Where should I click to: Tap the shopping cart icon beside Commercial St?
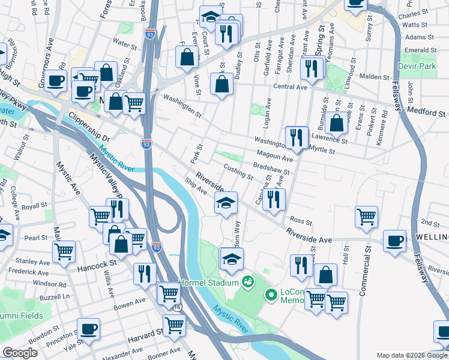click(366, 217)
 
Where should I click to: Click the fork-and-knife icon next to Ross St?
click(274, 199)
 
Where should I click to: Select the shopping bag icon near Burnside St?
click(337, 123)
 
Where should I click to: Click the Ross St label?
click(297, 221)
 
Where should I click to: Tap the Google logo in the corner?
click(20, 353)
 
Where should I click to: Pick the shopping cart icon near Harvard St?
click(174, 326)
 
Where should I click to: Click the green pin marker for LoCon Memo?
click(270, 295)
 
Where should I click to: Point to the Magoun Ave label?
click(278, 158)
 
